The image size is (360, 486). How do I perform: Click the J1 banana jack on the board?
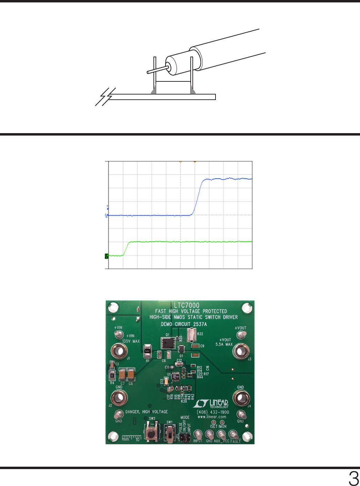point(119,351)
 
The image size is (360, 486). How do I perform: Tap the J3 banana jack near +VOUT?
point(241,351)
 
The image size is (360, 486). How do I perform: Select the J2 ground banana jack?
point(119,398)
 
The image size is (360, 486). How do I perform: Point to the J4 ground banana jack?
point(241,398)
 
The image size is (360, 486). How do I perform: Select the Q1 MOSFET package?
point(168,343)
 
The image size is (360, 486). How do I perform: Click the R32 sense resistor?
point(191,335)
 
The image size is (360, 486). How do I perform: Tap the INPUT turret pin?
point(198,434)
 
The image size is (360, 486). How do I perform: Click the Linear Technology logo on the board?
point(211,404)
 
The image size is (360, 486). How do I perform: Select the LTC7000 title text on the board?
point(187,305)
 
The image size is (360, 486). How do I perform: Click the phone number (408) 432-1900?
point(213,412)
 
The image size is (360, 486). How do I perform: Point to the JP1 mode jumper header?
point(185,438)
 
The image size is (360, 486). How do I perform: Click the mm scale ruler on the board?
point(131,438)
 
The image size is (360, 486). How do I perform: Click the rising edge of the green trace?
point(126,248)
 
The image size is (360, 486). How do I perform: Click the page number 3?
point(353,479)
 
